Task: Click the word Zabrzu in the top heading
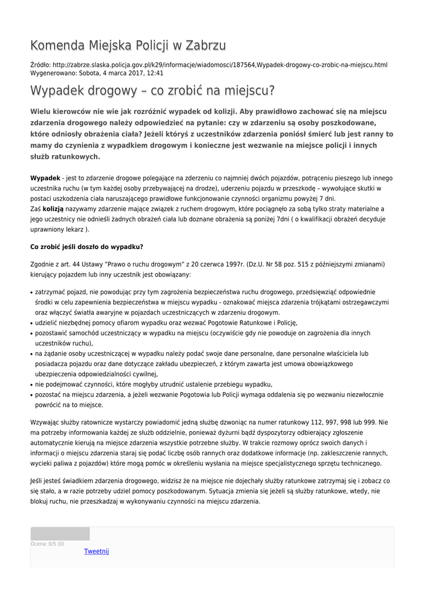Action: tap(203, 46)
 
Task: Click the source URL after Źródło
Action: tap(220, 64)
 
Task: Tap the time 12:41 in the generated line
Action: tap(155, 73)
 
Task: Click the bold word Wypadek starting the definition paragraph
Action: tap(45, 178)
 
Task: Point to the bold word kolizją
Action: tap(53, 209)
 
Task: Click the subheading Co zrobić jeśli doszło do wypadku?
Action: tap(87, 247)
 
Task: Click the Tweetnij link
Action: tap(97, 551)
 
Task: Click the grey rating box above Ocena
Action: tap(60, 534)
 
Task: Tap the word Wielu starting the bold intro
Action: tap(42, 111)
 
